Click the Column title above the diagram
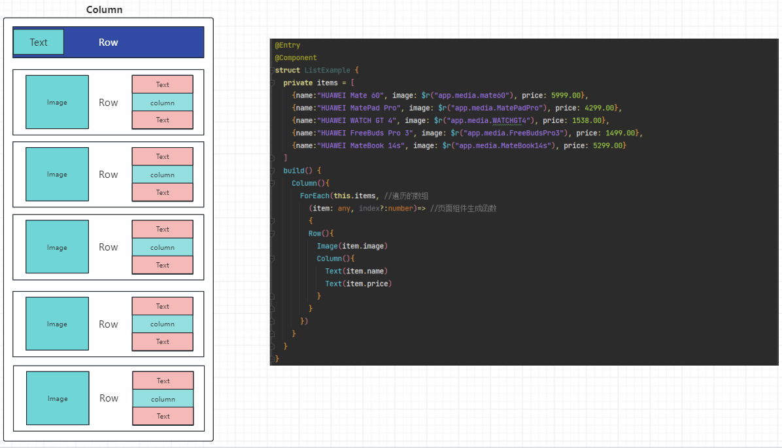coord(104,10)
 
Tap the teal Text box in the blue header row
coord(39,42)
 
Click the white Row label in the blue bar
coord(109,42)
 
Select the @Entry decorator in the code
coord(287,46)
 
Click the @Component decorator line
coord(296,58)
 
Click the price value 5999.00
coord(566,95)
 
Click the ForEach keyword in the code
coord(314,196)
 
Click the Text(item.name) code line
coord(356,271)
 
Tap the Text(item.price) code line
coord(358,284)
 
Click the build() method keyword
coord(295,171)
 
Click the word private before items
coord(298,83)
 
